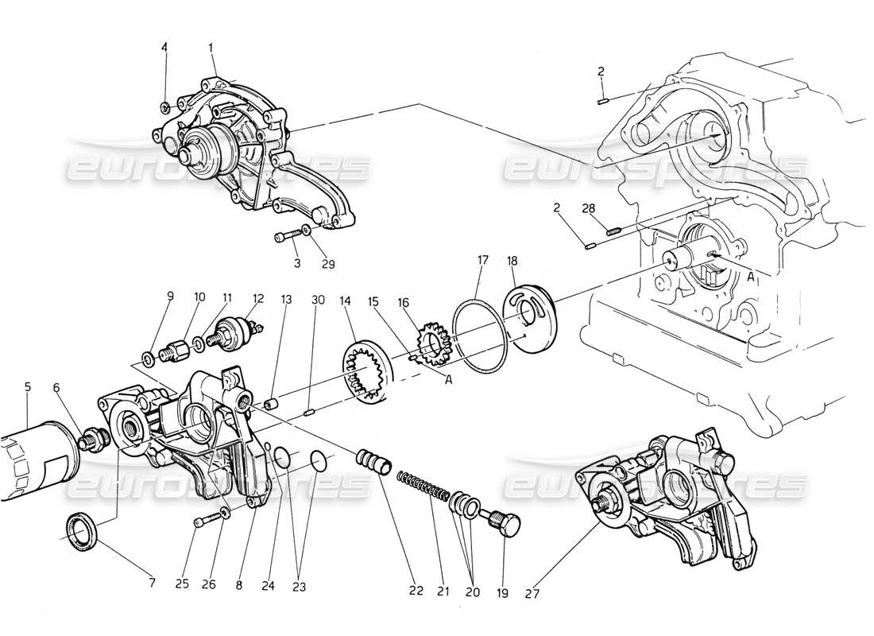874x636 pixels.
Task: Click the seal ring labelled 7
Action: (81, 530)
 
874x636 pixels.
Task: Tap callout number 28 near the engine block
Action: (588, 209)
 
